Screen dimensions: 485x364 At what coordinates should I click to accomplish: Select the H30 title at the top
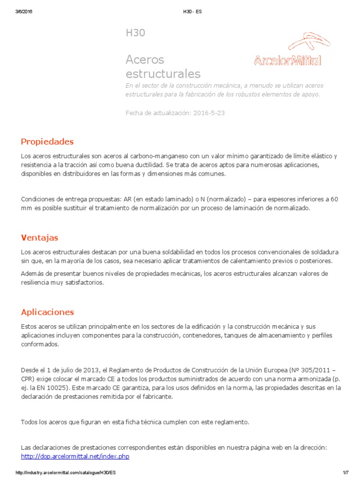coord(135,33)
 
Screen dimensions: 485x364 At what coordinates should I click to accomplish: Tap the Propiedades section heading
coord(47,142)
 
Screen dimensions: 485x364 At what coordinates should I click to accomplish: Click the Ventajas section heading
coord(40,237)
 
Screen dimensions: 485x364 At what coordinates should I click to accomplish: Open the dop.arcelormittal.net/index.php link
coord(75,456)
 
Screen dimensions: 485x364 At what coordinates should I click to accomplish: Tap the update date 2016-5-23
coord(209,113)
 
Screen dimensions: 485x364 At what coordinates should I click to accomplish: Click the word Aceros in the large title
coord(145,60)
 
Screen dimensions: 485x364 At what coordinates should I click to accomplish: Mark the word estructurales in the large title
coord(163,74)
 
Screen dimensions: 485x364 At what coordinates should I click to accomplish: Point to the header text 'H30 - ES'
coord(192,12)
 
